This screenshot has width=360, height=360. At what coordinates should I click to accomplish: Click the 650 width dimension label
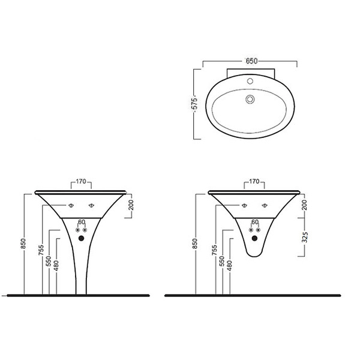(251, 61)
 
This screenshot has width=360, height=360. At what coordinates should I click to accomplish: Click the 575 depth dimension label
(194, 103)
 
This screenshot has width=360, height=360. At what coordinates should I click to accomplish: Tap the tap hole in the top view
(250, 81)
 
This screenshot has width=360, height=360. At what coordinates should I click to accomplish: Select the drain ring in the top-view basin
(250, 100)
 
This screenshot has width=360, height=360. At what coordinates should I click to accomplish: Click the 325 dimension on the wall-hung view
(305, 237)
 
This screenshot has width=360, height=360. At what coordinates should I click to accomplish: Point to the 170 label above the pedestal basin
(81, 181)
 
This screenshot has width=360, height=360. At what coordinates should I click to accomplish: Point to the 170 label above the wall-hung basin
(254, 181)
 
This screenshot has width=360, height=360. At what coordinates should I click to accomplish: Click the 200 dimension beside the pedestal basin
(131, 205)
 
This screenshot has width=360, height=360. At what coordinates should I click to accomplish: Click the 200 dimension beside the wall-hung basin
(304, 205)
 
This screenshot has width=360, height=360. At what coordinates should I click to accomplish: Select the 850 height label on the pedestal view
(23, 244)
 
